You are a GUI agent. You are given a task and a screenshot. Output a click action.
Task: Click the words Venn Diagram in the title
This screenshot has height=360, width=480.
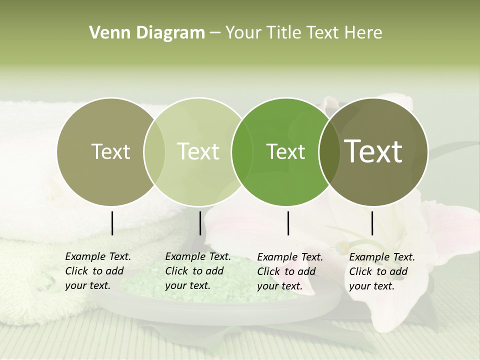pos(147,33)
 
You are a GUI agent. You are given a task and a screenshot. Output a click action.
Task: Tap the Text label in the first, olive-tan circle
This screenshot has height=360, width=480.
pos(110,151)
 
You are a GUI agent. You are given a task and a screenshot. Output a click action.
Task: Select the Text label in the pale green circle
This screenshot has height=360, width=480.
pos(198,151)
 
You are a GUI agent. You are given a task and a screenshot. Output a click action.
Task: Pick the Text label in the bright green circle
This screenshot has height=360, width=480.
pos(285,151)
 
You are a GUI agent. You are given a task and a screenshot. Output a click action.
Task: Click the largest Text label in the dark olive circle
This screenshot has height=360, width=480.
pos(373,151)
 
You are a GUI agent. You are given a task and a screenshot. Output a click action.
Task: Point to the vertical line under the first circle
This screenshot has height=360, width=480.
pos(112,223)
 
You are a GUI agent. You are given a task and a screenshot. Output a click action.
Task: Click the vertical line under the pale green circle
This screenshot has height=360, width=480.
pos(200,223)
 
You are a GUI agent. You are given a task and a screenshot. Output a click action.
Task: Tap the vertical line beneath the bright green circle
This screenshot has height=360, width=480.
pos(288,223)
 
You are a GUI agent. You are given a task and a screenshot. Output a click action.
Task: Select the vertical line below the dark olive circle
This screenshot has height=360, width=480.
pos(372,223)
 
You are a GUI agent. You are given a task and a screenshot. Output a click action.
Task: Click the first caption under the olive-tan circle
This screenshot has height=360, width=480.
pos(97,271)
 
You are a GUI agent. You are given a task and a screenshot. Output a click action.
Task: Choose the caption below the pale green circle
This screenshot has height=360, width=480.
pos(197,271)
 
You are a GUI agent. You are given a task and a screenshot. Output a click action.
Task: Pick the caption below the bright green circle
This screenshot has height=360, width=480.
pos(289,271)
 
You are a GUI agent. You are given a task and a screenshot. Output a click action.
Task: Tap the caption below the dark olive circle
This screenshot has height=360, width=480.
pos(381,271)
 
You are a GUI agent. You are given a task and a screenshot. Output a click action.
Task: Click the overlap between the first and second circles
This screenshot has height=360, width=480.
pos(154,151)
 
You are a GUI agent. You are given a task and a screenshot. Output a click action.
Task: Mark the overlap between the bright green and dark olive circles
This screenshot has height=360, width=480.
pos(329,151)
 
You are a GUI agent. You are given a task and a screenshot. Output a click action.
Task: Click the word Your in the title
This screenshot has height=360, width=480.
pos(244,33)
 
